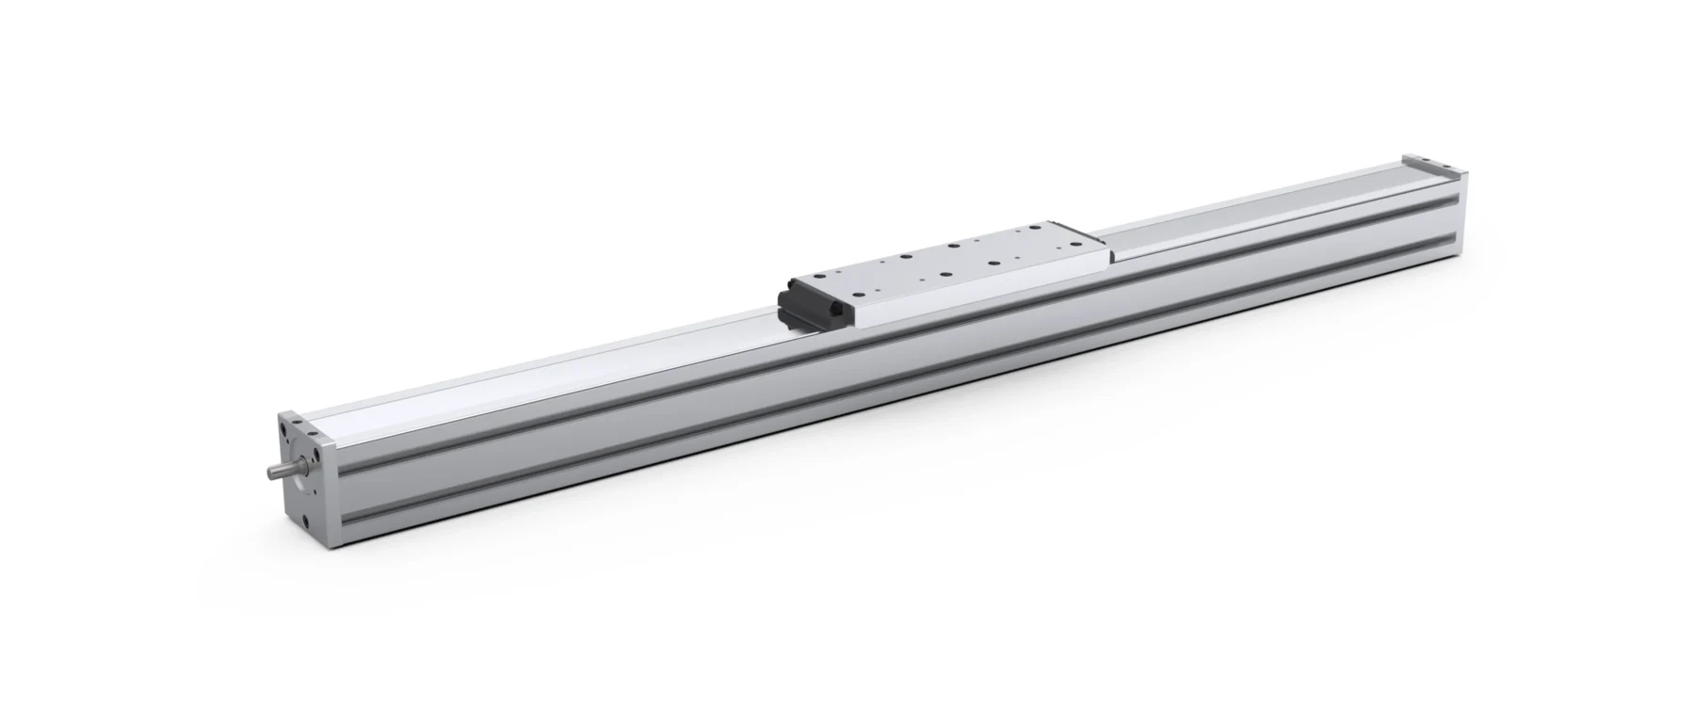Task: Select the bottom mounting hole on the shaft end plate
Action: tap(305, 521)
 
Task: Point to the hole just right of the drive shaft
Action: tap(316, 455)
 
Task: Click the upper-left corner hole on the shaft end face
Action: tap(283, 429)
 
